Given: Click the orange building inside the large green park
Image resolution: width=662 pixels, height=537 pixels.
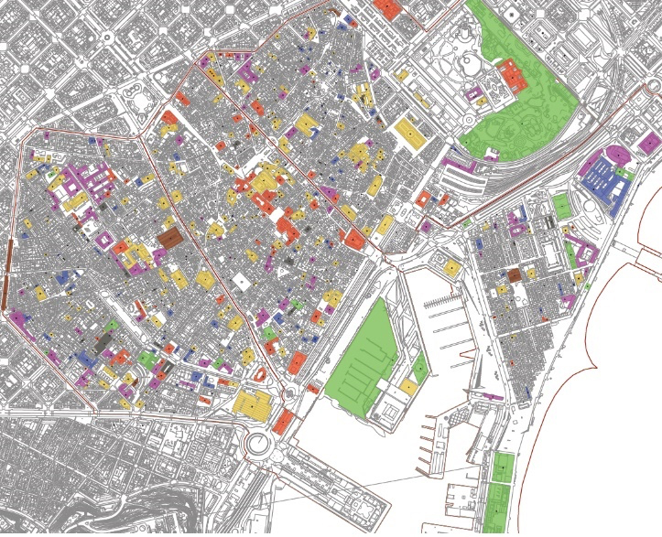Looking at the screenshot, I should pyautogui.click(x=511, y=76).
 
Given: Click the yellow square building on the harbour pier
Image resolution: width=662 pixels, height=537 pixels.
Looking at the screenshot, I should pyautogui.click(x=452, y=268).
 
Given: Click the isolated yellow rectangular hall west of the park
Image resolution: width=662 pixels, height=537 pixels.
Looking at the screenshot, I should pyautogui.click(x=411, y=132).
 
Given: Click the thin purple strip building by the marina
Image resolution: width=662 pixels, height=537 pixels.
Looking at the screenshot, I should pyautogui.click(x=485, y=396).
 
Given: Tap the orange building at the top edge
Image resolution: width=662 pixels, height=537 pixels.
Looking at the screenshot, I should pyautogui.click(x=388, y=8).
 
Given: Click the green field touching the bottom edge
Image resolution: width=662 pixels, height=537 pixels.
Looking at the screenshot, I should pyautogui.click(x=501, y=499).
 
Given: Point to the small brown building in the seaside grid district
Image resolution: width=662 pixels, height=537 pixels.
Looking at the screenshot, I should pyautogui.click(x=514, y=274).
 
